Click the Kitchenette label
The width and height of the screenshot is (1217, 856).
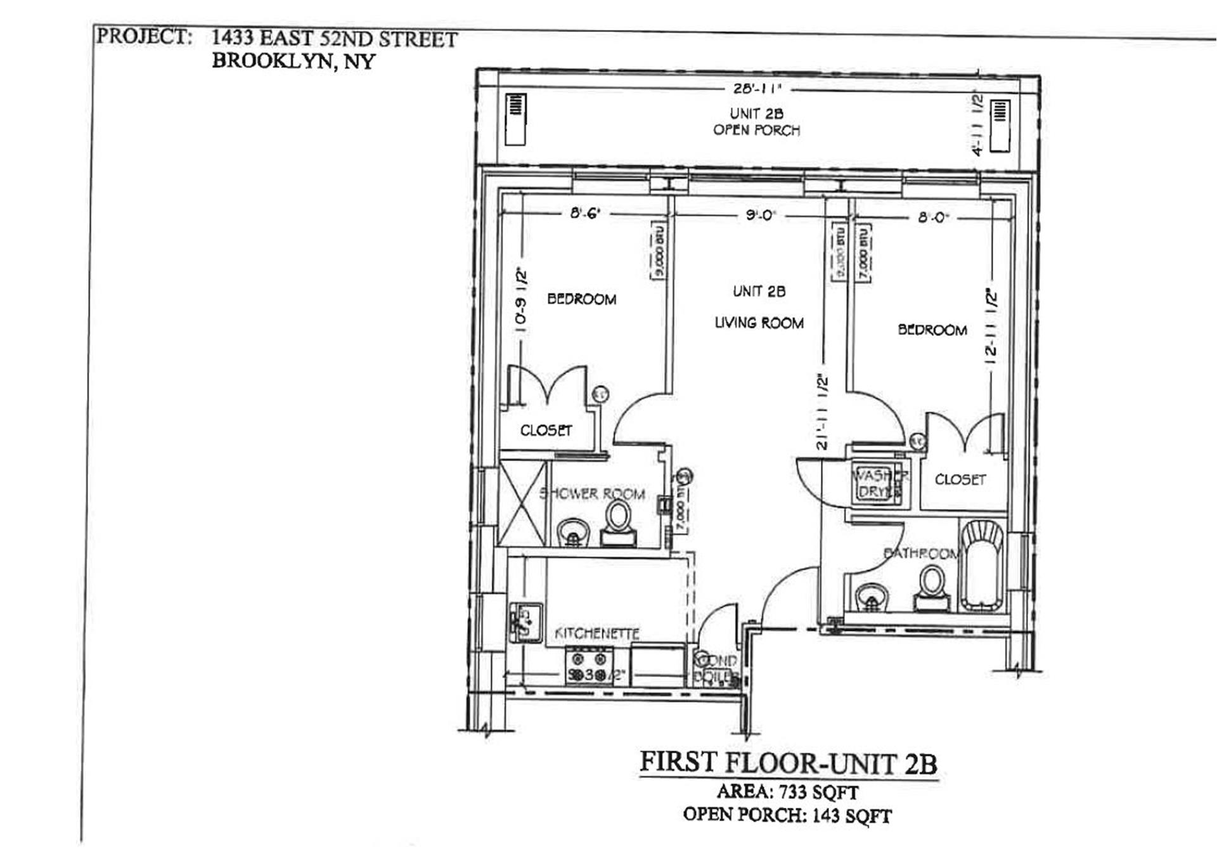[597, 633]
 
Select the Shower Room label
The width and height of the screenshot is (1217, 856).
[592, 494]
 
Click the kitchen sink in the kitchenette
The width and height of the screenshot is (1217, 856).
[525, 622]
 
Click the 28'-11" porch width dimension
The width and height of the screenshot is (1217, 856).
[757, 89]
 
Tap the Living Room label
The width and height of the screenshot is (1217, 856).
[759, 323]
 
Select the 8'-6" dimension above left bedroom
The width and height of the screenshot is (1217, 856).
[584, 214]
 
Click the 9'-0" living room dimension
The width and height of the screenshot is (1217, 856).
[760, 216]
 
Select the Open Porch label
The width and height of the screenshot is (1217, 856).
[756, 130]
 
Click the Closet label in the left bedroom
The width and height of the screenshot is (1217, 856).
[546, 431]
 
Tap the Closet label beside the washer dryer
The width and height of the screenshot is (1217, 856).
[960, 480]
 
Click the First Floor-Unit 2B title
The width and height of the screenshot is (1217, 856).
[788, 763]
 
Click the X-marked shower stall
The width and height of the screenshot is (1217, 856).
[522, 503]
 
